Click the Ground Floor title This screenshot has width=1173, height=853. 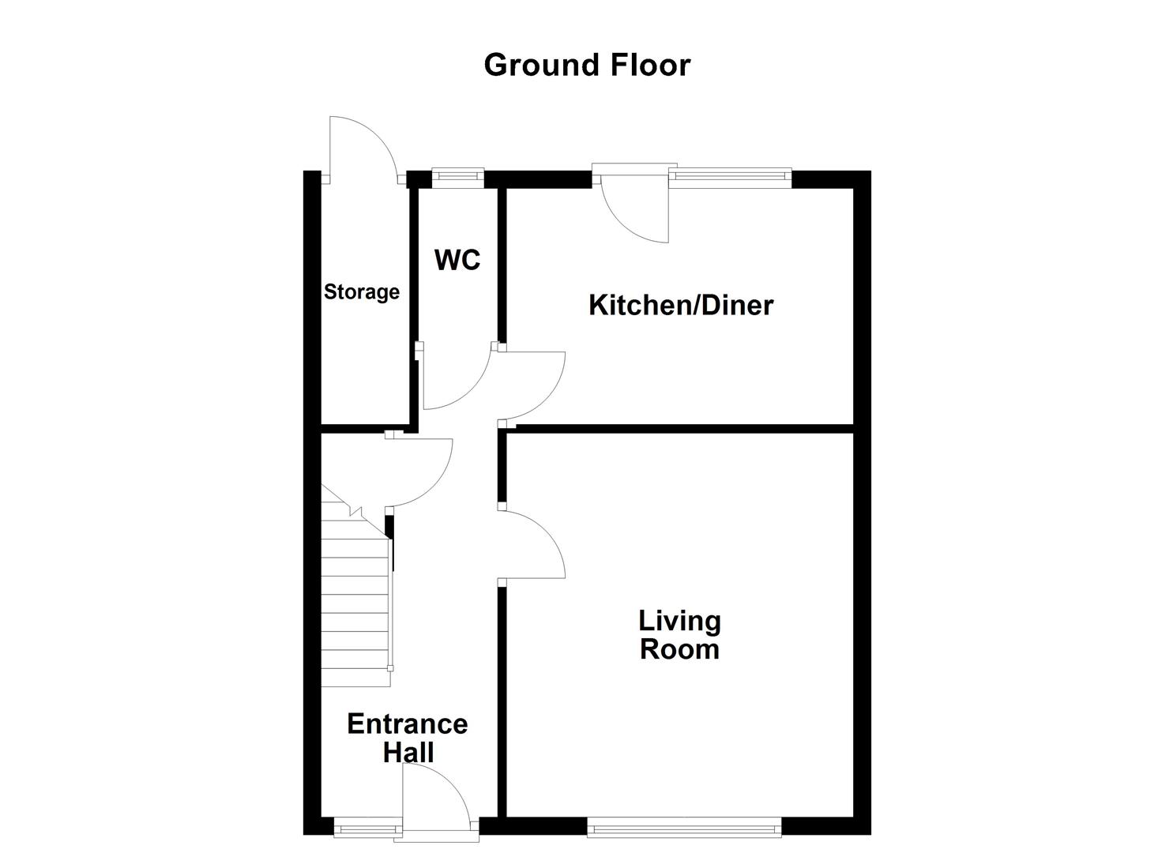[587, 65]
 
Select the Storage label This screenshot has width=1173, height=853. [362, 292]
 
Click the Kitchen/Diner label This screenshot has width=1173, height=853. [680, 305]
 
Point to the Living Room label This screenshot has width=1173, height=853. [679, 635]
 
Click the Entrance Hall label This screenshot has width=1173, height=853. [408, 738]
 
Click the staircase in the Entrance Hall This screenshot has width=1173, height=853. [355, 600]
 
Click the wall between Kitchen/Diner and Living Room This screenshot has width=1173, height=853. [679, 429]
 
